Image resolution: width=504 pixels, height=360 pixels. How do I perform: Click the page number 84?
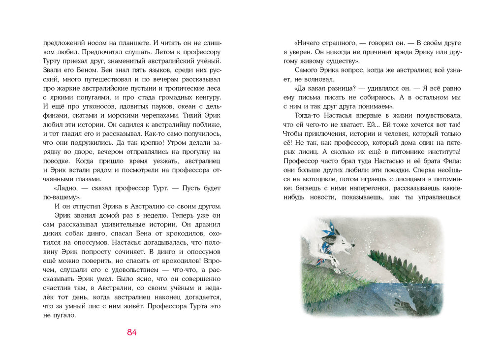coord(131,332)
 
